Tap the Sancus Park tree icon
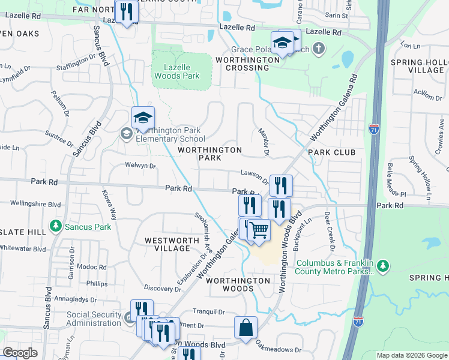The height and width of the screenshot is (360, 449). tap(56, 226)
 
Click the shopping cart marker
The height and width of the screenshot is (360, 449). tap(259, 230)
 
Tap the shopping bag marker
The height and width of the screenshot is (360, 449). tap(246, 328)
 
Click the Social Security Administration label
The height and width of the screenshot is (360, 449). tap(94, 319)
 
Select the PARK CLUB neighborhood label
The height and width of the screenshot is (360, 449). tap(332, 152)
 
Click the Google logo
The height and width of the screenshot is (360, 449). tap(20, 353)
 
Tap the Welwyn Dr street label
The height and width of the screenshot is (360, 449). tap(140, 166)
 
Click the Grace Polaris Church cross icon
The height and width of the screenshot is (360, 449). tap(318, 48)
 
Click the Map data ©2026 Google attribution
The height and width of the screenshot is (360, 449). tap(412, 355)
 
